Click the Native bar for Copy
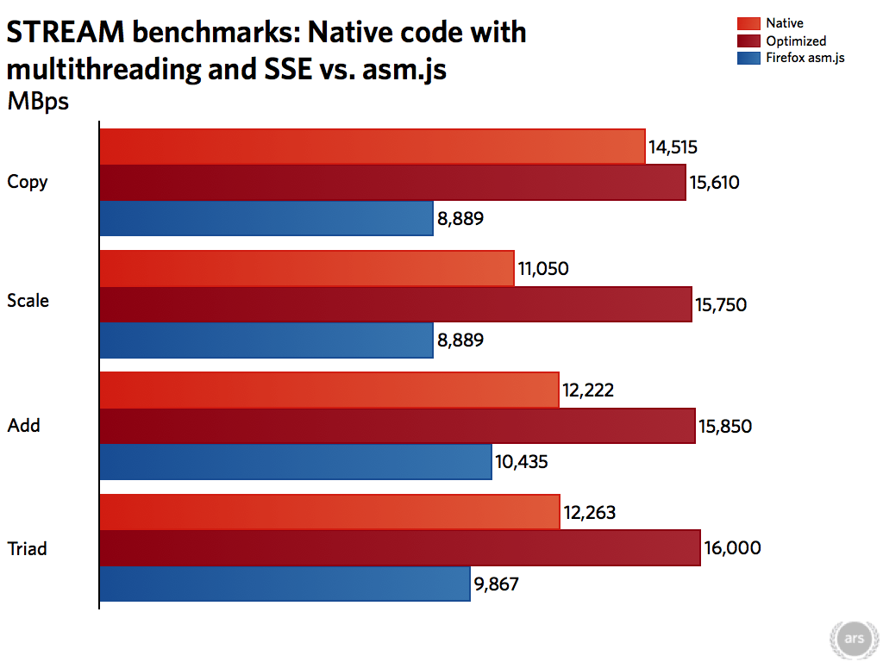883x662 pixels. pos(373,147)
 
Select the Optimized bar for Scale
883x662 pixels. pos(396,304)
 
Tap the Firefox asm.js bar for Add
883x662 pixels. pos(296,462)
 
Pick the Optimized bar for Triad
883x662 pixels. pos(400,548)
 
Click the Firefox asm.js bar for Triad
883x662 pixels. pos(285,584)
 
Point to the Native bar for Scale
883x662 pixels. pos(307,269)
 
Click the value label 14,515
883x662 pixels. pos(673,147)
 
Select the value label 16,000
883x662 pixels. pos(732,548)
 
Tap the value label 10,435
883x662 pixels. pos(522,462)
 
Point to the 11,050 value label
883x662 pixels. pos(543,269)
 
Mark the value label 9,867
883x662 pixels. pos(497,584)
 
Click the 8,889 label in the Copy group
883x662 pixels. pos(460,218)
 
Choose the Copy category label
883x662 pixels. pos(28,182)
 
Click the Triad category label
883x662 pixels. pos(28,548)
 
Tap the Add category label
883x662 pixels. pos(24,426)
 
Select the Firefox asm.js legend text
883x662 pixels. pos(805,59)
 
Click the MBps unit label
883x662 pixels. pos(38,101)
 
